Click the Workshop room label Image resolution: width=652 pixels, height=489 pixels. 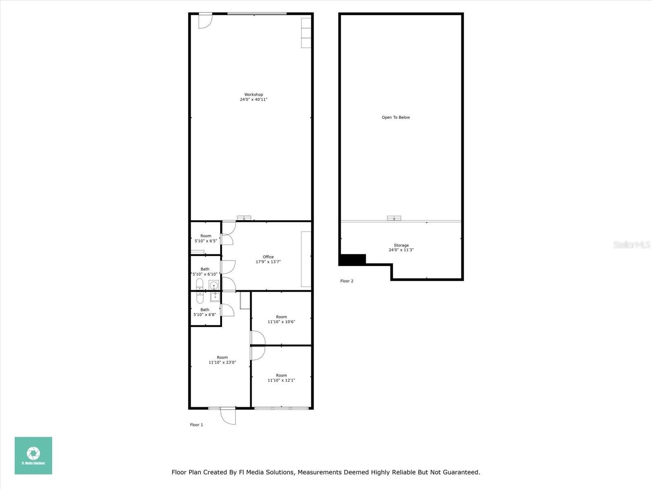[x=253, y=95]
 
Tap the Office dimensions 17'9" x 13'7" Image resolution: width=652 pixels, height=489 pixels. [x=268, y=262]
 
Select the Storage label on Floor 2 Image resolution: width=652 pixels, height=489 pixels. [x=401, y=245]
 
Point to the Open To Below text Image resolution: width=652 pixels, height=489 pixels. [x=396, y=117]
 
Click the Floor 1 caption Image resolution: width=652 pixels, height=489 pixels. [x=196, y=425]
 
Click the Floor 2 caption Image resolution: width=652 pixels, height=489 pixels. [x=347, y=281]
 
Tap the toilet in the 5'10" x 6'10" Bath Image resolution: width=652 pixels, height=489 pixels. [x=200, y=284]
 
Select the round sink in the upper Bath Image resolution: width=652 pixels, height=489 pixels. [x=214, y=285]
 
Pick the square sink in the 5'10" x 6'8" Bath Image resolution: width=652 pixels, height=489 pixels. [x=215, y=297]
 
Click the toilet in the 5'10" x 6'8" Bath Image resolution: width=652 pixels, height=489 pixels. [x=200, y=297]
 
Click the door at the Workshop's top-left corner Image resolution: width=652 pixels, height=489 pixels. [x=205, y=21]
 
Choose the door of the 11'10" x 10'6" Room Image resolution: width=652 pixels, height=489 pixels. [x=258, y=338]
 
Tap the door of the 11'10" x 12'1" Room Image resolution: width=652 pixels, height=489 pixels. [x=258, y=353]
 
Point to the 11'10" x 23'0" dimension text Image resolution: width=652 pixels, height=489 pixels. [x=222, y=362]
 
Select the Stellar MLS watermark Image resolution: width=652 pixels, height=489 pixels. [x=632, y=244]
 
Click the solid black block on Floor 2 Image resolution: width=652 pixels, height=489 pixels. [x=352, y=260]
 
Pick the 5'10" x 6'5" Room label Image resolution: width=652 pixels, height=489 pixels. [x=206, y=238]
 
